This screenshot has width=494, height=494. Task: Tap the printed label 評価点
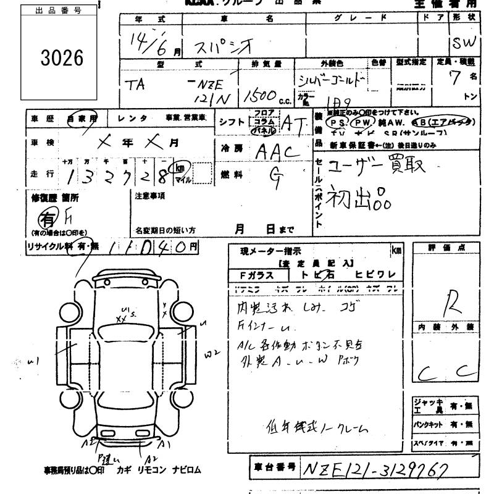tap(454, 248)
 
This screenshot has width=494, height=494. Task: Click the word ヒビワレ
tap(375, 275)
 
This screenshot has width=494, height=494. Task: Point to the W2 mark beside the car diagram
tap(214, 353)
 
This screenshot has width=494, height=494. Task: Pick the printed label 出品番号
tap(59, 11)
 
